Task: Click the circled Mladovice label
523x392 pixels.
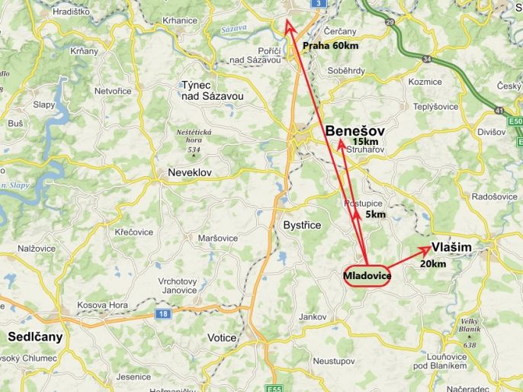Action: click(367, 275)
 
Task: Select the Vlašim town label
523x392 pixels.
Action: click(451, 247)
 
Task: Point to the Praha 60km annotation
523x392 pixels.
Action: click(330, 46)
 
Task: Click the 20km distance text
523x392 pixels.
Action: click(433, 263)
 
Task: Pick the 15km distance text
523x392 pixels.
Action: click(365, 142)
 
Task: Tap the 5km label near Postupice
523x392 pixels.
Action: click(375, 215)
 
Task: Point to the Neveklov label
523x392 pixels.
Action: click(189, 173)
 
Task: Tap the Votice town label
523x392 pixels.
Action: click(223, 337)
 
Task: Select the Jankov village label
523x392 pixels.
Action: click(313, 316)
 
